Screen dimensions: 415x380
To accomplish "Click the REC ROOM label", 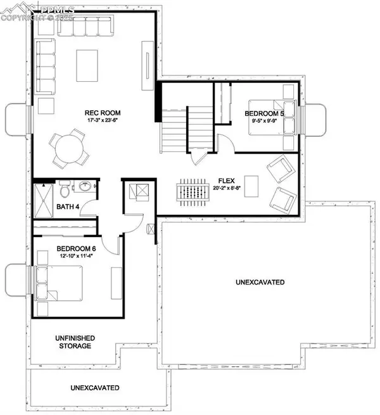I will [x=103, y=113].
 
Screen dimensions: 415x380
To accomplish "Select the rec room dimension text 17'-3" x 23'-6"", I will [x=103, y=122].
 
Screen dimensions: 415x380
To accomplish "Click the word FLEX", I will [x=227, y=179].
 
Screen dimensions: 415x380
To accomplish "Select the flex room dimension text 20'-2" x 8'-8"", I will [x=227, y=188].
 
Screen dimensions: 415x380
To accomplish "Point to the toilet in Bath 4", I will [x=65, y=189].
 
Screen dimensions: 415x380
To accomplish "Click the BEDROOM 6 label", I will [x=75, y=248].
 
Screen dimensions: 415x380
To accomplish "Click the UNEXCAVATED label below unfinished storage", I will [x=95, y=387].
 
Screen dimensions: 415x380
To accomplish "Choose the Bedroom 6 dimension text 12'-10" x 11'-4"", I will [x=75, y=256].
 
